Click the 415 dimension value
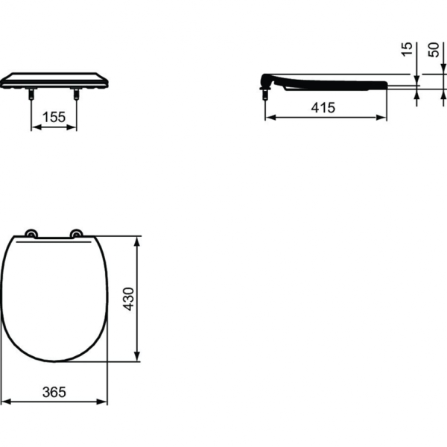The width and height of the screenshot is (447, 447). coord(323,107)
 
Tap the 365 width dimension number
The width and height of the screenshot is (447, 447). coord(54,391)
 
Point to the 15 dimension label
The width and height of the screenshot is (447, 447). coord(406,49)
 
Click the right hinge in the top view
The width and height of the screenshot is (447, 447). coord(77,233)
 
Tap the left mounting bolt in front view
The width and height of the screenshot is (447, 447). coord(31,95)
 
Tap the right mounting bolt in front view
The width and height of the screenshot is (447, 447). coord(77,95)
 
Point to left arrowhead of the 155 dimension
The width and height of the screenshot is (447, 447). coord(33,127)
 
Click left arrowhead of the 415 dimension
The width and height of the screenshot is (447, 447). coord(269,118)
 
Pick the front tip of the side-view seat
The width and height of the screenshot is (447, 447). coord(387,84)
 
